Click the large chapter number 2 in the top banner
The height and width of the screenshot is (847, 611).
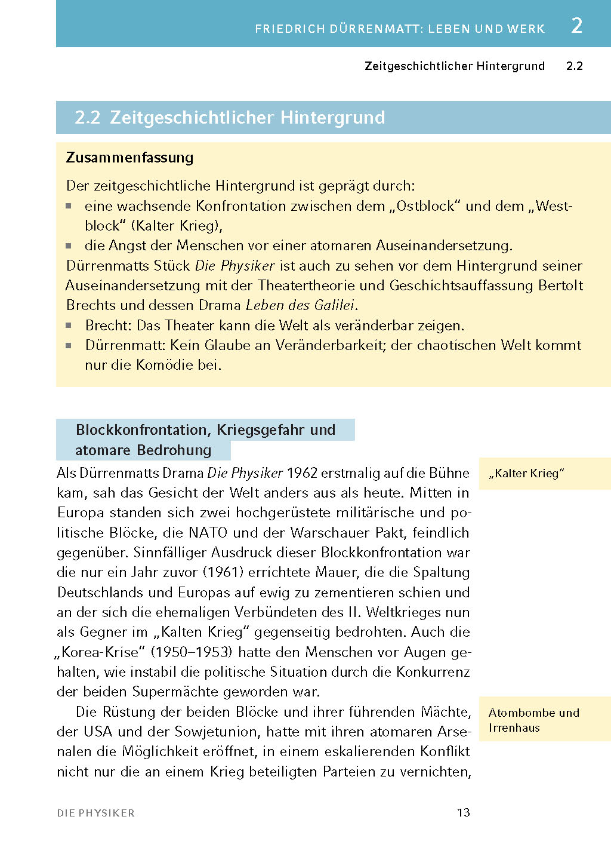(576, 26)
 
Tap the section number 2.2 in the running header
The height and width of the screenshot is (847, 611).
(574, 66)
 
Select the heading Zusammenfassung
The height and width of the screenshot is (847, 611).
(129, 158)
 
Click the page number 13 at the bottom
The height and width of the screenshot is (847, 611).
(463, 812)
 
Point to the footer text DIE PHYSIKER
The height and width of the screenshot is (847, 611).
(96, 813)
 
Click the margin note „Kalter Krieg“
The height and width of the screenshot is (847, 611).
(526, 474)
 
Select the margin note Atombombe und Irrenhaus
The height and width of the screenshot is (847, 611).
(533, 720)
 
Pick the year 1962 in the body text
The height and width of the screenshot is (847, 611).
(302, 473)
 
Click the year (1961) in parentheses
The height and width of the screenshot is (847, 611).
(224, 572)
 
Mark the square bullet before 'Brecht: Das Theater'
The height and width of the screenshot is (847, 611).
(69, 326)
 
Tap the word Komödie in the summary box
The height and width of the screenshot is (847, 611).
(155, 365)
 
